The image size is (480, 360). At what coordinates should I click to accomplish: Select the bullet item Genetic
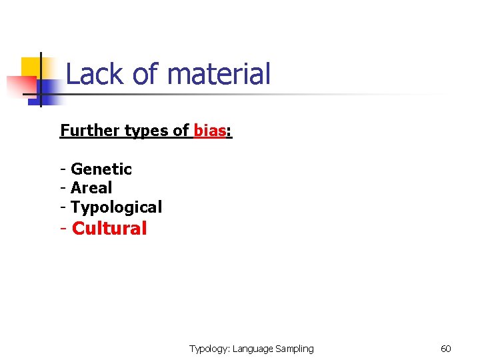click(x=101, y=169)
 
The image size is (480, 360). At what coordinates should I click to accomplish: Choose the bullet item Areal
click(x=91, y=188)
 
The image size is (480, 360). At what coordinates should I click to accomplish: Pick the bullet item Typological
click(x=116, y=207)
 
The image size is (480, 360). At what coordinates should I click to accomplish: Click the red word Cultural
click(x=109, y=229)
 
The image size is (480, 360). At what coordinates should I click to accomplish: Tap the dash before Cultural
click(x=63, y=229)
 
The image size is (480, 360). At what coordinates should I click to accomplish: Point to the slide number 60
click(x=446, y=349)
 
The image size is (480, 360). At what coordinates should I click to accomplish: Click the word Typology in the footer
click(x=209, y=349)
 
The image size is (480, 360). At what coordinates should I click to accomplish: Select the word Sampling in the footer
click(x=295, y=349)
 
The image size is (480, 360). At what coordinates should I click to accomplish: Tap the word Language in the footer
click(x=253, y=349)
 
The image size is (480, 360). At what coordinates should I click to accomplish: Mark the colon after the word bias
click(x=229, y=131)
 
